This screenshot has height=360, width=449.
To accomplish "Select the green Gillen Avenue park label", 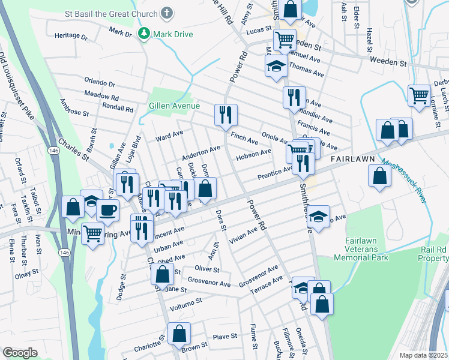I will [x=174, y=106].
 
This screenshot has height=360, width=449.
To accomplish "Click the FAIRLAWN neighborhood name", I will [x=353, y=159].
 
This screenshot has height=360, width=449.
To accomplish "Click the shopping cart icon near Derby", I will [x=418, y=94].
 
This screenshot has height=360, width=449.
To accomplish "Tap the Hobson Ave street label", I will [x=254, y=154].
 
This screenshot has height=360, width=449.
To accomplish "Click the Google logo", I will [x=20, y=353].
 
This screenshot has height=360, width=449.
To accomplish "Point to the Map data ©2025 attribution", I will [x=423, y=355].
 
